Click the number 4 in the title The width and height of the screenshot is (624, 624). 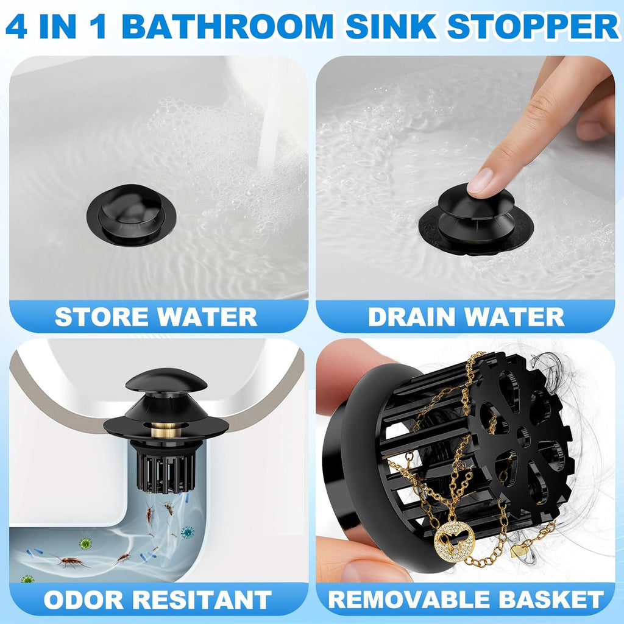click(x=16, y=27)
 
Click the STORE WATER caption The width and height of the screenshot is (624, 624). click(x=156, y=317)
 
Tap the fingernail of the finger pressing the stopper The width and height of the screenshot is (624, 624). click(x=481, y=181)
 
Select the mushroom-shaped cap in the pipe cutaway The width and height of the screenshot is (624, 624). click(x=166, y=381)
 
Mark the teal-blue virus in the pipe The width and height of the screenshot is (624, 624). click(x=188, y=532)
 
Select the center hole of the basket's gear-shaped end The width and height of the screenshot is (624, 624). click(x=523, y=436)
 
